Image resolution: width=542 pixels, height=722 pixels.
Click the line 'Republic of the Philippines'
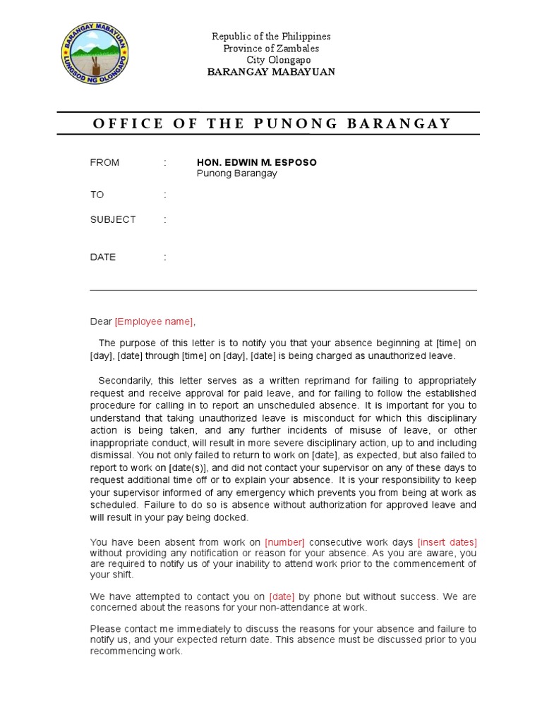click(x=272, y=36)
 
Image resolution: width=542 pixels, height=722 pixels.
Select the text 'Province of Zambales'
click(x=271, y=48)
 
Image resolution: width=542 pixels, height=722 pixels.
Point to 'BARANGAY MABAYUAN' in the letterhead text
click(x=271, y=72)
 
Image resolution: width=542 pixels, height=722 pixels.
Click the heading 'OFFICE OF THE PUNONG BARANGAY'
click(x=271, y=123)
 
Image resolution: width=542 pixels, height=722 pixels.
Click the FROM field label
click(x=104, y=163)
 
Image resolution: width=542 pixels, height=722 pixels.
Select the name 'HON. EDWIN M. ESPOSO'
click(x=256, y=163)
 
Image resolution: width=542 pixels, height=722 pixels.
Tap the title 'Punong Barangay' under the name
click(x=236, y=173)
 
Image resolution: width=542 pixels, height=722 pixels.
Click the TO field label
click(x=97, y=195)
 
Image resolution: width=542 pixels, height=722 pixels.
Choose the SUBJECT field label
click(x=113, y=219)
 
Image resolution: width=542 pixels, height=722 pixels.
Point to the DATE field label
click(x=103, y=257)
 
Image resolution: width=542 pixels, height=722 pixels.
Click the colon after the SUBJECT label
click(x=165, y=219)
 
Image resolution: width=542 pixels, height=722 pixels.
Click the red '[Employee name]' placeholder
click(x=153, y=322)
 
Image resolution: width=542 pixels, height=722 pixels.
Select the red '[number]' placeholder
click(x=284, y=542)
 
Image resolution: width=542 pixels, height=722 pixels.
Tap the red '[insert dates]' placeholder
click(x=447, y=542)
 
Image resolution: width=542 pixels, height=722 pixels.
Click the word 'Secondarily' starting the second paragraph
click(x=122, y=381)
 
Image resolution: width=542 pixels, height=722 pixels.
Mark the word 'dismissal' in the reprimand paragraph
click(x=111, y=455)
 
